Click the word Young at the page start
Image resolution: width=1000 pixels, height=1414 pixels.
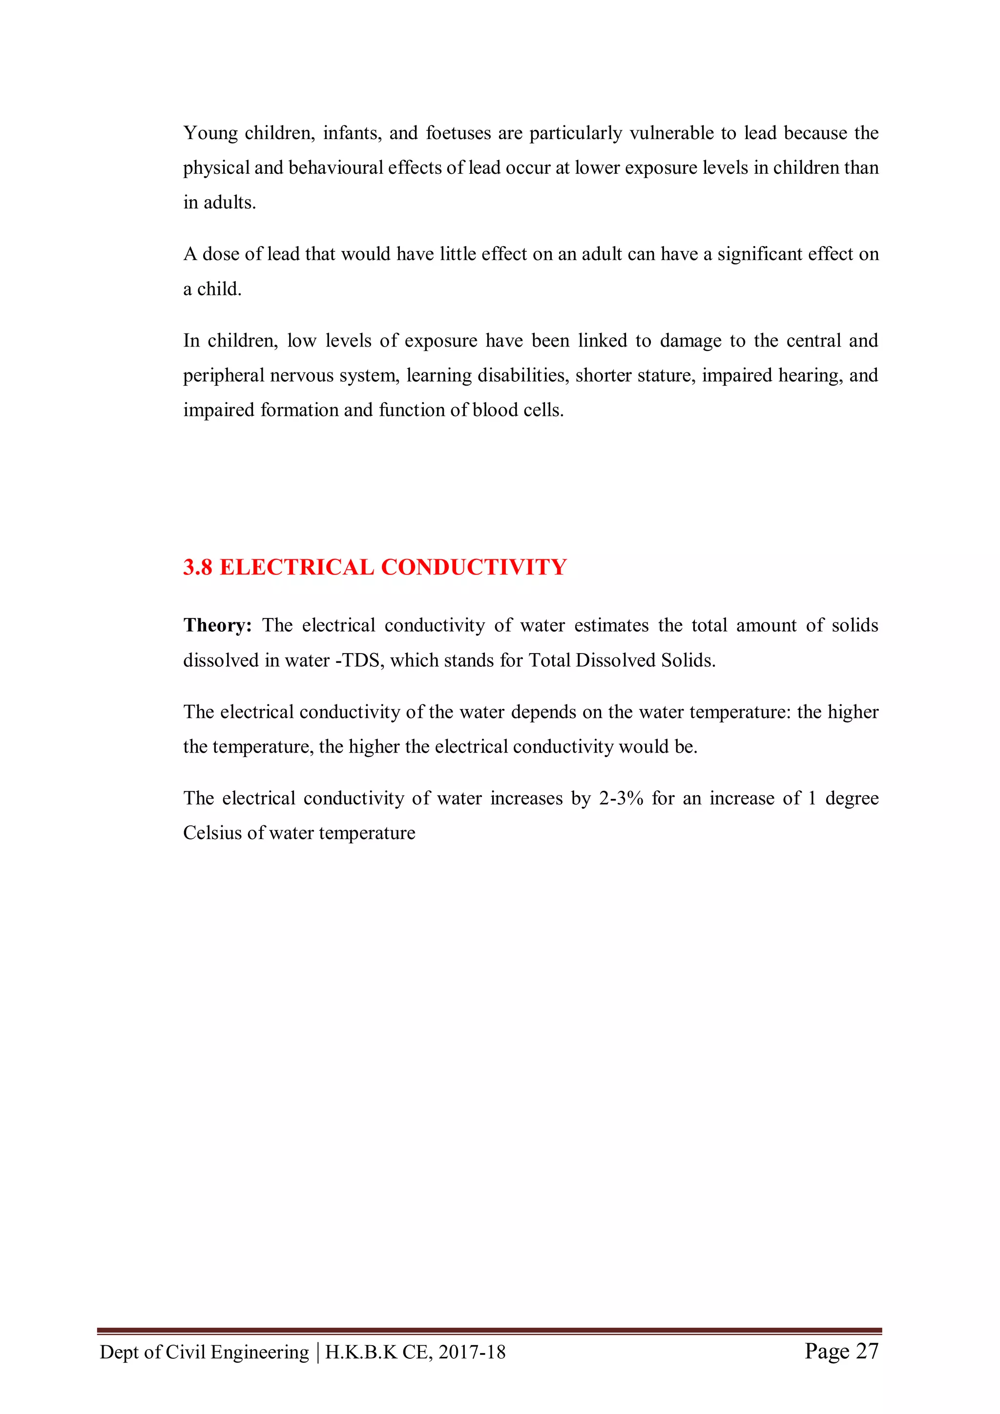pyautogui.click(x=210, y=133)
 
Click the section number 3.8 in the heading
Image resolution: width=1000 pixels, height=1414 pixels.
pyautogui.click(x=198, y=567)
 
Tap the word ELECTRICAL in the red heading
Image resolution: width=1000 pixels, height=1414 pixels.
pyautogui.click(x=296, y=567)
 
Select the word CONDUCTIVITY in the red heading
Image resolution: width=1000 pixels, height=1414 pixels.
pyautogui.click(x=473, y=567)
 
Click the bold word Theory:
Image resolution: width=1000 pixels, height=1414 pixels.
pyautogui.click(x=217, y=625)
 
